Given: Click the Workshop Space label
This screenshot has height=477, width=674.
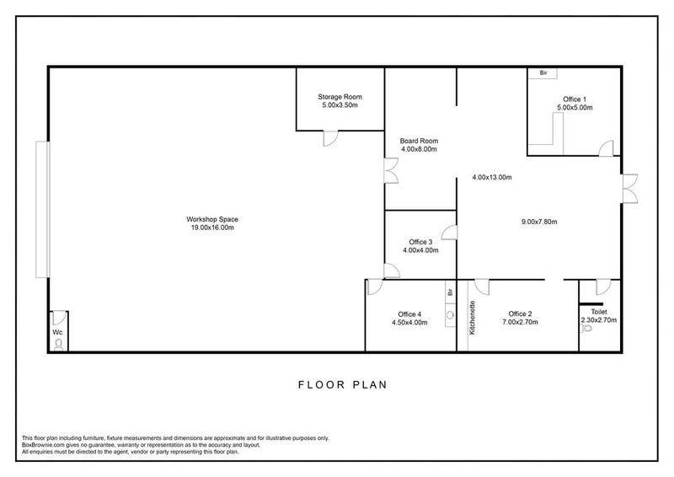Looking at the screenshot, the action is (212, 219).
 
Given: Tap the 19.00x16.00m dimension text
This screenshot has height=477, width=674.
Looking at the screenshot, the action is (212, 228).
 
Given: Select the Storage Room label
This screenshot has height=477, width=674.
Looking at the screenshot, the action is (340, 97).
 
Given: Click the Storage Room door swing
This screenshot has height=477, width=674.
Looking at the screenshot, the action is (330, 138).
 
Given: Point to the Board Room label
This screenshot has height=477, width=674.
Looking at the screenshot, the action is (419, 141).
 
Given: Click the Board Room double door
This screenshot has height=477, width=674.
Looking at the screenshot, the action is (392, 171).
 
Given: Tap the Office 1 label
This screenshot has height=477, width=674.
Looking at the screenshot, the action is (575, 99).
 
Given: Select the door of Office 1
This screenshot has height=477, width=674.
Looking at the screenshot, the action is (606, 148).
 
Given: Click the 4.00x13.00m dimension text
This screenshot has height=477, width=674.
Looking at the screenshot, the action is (492, 177).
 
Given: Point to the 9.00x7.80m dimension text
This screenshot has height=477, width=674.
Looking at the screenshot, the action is (539, 222).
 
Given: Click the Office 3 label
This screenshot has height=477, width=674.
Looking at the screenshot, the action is (420, 242).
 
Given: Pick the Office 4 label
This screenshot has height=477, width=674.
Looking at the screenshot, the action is (409, 314).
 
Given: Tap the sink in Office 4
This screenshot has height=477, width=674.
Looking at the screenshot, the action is (450, 315).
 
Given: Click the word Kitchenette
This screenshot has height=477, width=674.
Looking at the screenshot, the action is (473, 318).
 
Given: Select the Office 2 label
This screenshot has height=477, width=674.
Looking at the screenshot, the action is (520, 314).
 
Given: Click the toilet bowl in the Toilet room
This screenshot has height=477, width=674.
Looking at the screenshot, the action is (586, 329).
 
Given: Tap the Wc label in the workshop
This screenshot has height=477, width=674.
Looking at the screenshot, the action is (57, 333).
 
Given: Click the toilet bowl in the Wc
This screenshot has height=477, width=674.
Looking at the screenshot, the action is (59, 344).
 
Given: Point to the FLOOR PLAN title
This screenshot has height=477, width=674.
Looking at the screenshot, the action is (343, 384).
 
